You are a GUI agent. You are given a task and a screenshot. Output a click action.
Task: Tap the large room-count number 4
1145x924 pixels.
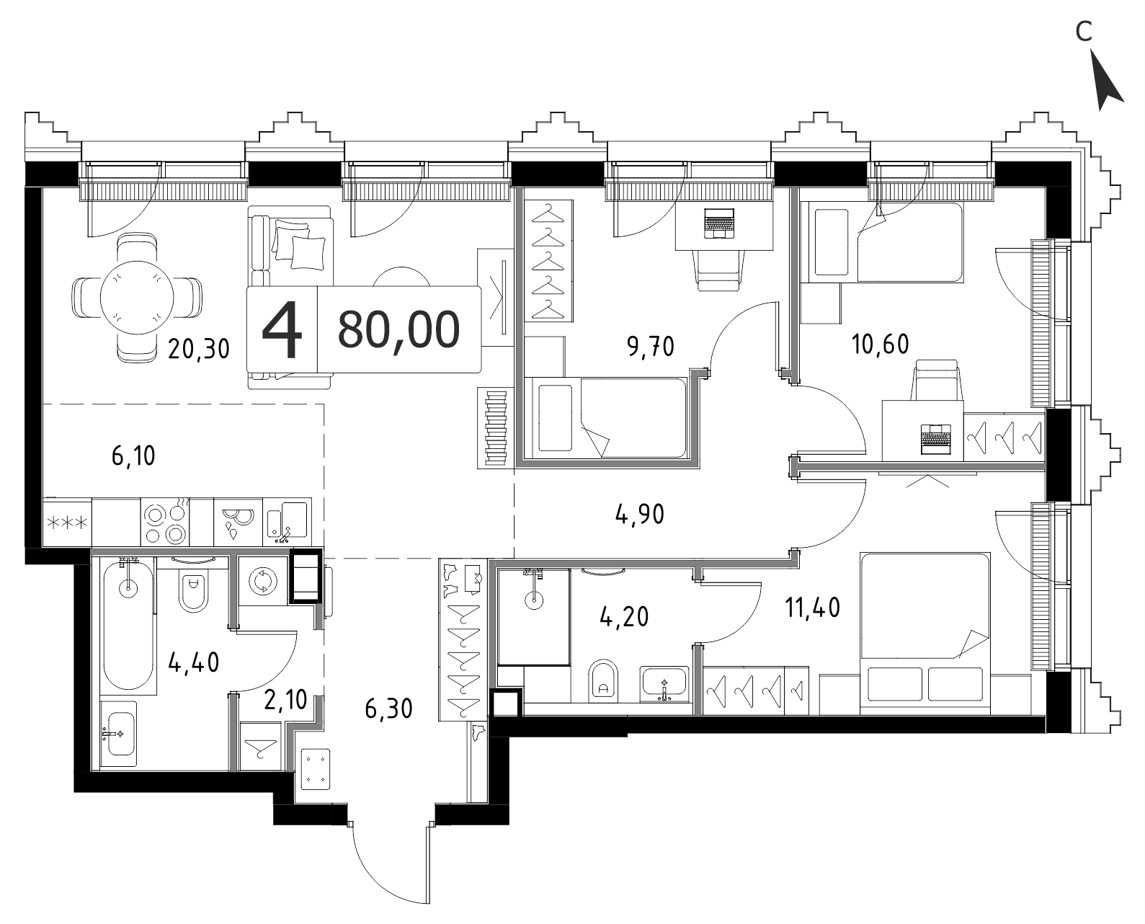282,329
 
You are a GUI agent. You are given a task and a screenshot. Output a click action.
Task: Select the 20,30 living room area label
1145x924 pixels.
198,349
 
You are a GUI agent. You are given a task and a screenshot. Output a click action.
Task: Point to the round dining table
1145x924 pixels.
138,298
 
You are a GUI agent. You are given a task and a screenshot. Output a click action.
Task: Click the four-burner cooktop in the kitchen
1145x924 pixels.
165,522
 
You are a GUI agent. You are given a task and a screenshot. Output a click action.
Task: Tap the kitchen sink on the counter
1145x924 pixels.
287,522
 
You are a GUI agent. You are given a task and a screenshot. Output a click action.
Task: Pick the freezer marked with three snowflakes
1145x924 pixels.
67,522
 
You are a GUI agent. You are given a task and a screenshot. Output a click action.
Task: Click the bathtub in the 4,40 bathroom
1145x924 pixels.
128,626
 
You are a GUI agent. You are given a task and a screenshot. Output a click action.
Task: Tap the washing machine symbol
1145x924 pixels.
262,581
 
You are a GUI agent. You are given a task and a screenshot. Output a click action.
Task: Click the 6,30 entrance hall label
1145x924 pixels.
388,708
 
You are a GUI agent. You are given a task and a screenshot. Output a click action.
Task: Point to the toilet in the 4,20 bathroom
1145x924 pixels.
603,681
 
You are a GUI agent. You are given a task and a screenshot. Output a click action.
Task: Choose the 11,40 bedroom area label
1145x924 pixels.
813,608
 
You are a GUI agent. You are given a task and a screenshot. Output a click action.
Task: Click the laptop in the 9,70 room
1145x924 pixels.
719,223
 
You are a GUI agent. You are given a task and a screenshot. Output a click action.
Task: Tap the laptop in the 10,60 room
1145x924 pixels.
936,439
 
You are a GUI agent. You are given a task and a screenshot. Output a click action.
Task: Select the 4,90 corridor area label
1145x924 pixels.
640,515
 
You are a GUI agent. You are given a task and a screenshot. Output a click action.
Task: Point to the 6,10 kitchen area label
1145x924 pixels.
133,456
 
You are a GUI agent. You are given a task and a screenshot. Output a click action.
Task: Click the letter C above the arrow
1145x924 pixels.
1084,32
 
